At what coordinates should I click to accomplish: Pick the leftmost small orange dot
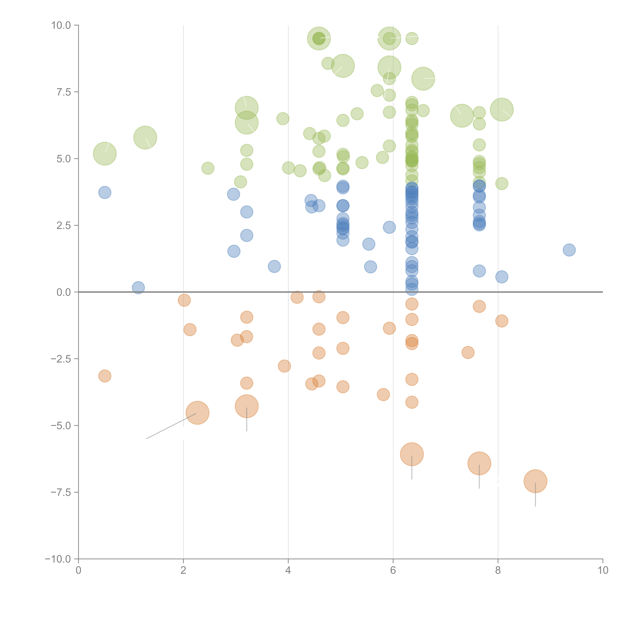(x=105, y=376)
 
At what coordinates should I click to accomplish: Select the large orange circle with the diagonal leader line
(x=197, y=413)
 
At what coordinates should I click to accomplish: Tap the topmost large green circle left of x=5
(x=319, y=38)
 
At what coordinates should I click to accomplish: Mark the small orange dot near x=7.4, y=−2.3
(x=468, y=352)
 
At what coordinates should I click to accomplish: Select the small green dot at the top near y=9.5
(x=412, y=38)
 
